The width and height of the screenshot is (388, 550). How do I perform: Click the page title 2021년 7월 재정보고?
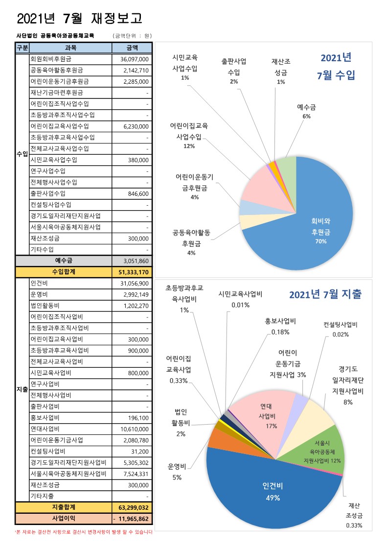coord(79,19)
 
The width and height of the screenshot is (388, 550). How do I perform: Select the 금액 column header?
coord(132,48)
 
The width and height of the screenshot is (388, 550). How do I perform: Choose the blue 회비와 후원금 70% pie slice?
coord(313,230)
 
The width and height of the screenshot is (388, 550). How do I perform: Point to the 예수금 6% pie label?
coord(307,111)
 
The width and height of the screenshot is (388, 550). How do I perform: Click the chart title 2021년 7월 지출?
coord(325,294)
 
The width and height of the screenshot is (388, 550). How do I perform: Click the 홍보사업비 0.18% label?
coord(280,326)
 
